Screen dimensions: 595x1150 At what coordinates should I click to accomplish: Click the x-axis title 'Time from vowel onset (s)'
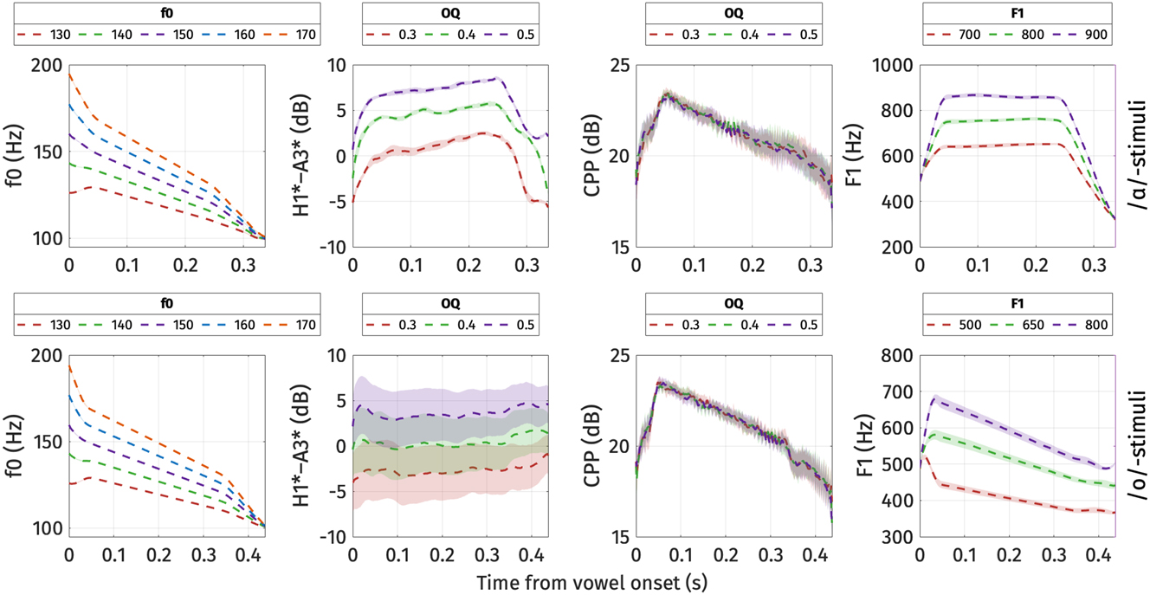(x=591, y=583)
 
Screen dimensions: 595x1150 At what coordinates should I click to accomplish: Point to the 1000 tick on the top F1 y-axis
(x=893, y=66)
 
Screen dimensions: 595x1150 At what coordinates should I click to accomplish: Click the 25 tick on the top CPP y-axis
(x=617, y=66)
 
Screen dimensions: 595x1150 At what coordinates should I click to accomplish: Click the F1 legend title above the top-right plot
(x=1018, y=14)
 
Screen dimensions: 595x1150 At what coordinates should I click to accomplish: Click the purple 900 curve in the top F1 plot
(x=996, y=95)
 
